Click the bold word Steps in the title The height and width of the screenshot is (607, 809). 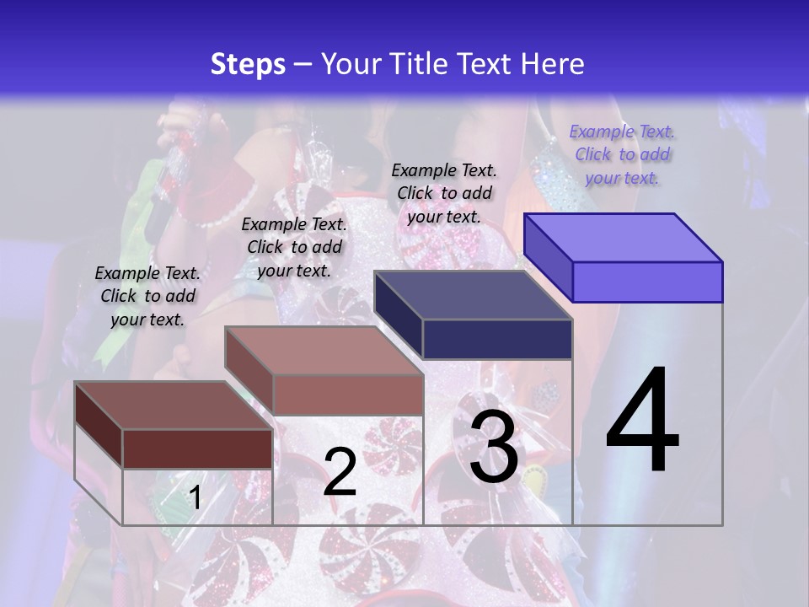pyautogui.click(x=248, y=64)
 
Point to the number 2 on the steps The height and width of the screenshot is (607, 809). pyautogui.click(x=340, y=472)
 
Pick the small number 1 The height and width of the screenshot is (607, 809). pyautogui.click(x=196, y=497)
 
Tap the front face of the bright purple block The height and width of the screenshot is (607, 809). pyautogui.click(x=647, y=282)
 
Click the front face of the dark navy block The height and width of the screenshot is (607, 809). pyautogui.click(x=497, y=339)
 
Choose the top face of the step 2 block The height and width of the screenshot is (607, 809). pyautogui.click(x=324, y=351)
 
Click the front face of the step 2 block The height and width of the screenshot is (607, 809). pyautogui.click(x=347, y=395)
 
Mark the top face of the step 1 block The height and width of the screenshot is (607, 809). pyautogui.click(x=174, y=406)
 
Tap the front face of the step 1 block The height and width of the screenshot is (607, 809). pyautogui.click(x=197, y=449)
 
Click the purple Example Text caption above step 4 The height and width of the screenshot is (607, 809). pyautogui.click(x=622, y=154)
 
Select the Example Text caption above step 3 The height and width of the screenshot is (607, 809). pyautogui.click(x=444, y=193)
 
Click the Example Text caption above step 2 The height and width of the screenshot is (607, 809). pyautogui.click(x=294, y=247)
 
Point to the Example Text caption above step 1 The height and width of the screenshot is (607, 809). pyautogui.click(x=147, y=296)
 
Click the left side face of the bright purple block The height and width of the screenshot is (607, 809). pyautogui.click(x=548, y=257)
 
